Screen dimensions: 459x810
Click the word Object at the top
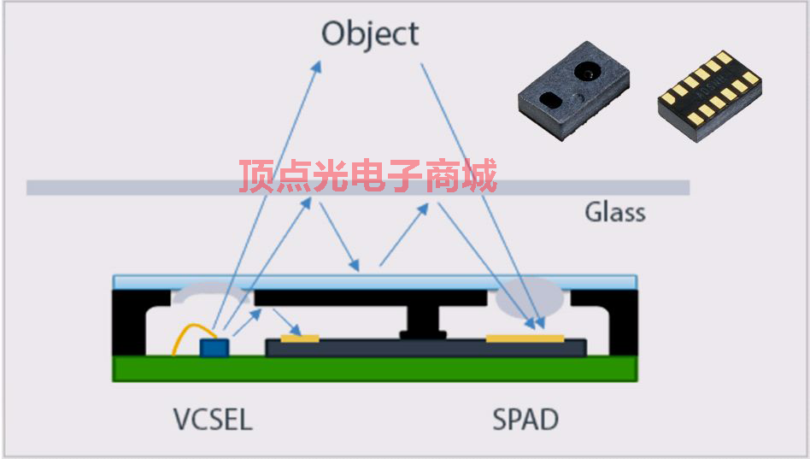click(x=370, y=34)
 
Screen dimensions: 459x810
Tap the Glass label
click(x=614, y=212)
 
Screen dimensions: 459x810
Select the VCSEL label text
click(x=213, y=420)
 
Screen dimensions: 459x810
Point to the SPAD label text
click(x=525, y=420)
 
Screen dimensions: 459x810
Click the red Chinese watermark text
click(x=367, y=177)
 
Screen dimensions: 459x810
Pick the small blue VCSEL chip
click(x=214, y=347)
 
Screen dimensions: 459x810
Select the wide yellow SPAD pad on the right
click(x=525, y=338)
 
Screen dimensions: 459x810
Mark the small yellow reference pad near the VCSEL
click(x=299, y=338)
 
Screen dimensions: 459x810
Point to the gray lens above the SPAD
click(x=530, y=296)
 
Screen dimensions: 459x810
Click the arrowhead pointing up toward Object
click(x=317, y=66)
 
